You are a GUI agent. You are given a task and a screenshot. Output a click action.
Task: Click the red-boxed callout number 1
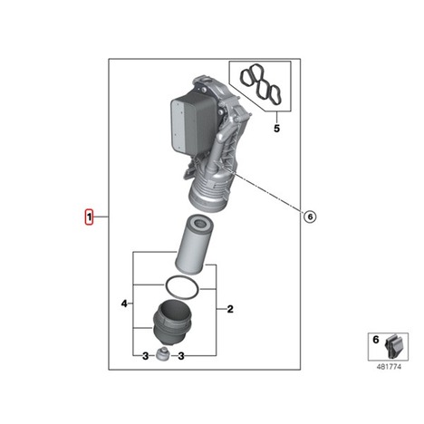coord(89,217)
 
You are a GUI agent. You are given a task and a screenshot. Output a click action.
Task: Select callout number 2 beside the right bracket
coord(230,309)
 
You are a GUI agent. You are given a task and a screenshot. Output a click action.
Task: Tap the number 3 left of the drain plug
coord(145,356)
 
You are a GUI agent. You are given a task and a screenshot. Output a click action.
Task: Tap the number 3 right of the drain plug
coord(181,356)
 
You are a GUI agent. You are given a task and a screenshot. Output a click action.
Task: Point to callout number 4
coord(124,304)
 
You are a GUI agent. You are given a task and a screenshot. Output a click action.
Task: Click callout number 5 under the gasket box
coord(276,129)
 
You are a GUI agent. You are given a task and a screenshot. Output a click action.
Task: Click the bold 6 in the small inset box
coord(376,340)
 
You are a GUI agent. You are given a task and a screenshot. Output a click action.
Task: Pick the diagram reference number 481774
coord(389,367)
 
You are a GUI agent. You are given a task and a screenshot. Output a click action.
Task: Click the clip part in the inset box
coord(393,347)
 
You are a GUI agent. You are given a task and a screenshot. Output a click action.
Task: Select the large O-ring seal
coord(181,287)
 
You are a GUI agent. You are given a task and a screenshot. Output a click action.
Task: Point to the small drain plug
coord(163,354)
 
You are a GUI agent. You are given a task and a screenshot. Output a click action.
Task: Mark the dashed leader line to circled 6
coord(264,190)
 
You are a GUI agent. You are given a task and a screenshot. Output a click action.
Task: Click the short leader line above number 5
coord(276,117)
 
